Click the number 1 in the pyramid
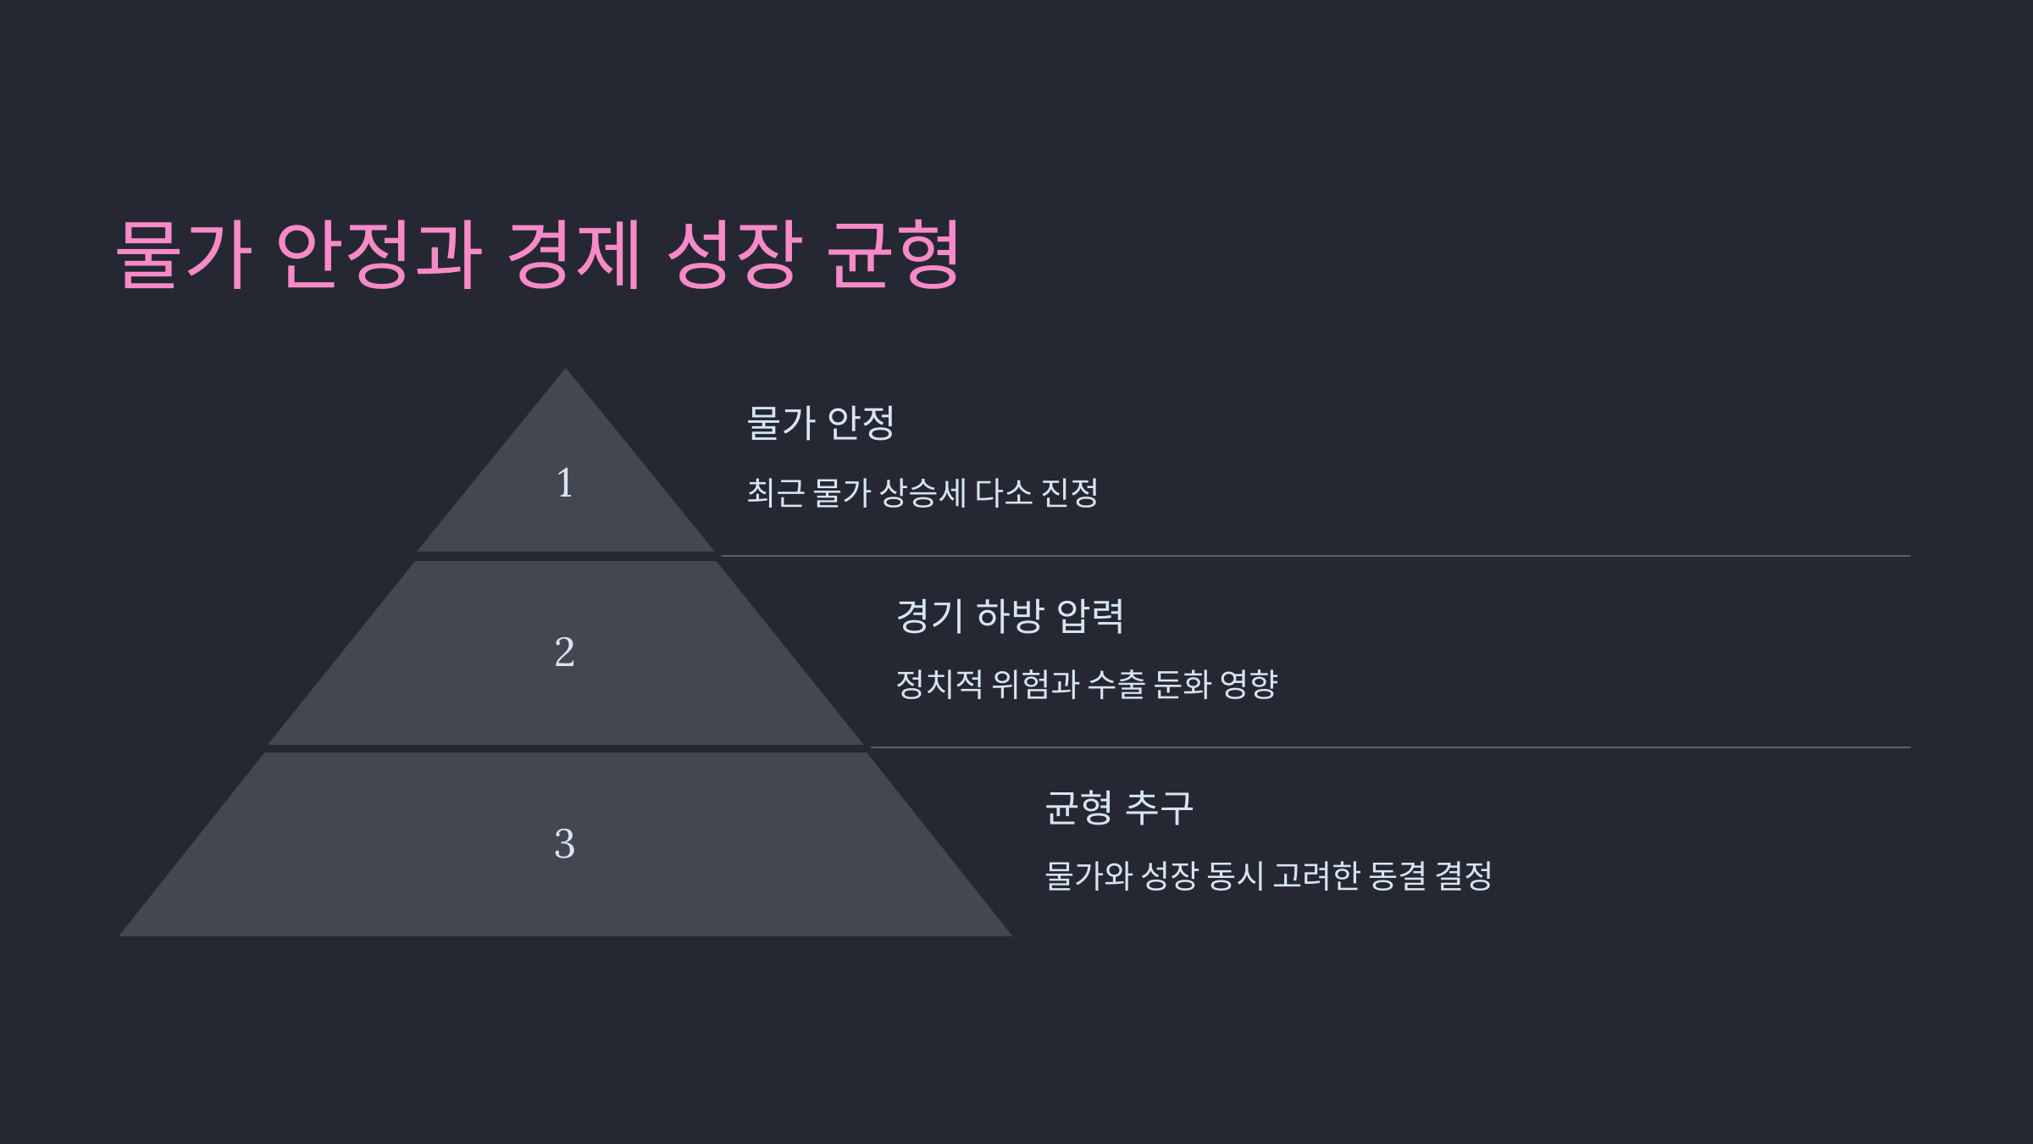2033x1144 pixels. [565, 483]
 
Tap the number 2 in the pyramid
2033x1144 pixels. [564, 653]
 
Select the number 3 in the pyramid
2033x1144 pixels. [564, 844]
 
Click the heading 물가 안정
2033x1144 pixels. [820, 423]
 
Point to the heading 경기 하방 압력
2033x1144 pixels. [1010, 615]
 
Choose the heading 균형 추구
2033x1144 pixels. [1119, 807]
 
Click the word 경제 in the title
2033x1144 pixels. [573, 253]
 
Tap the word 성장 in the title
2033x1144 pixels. [734, 253]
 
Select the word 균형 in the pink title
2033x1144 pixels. [893, 253]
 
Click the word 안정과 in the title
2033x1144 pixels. [379, 253]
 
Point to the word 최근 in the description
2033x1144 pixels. [775, 493]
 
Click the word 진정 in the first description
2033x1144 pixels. [1069, 493]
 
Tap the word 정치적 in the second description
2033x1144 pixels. [939, 685]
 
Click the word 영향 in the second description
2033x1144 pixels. [1248, 685]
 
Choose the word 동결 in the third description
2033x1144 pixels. [1397, 876]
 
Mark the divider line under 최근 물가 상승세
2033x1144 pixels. [1313, 556]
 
